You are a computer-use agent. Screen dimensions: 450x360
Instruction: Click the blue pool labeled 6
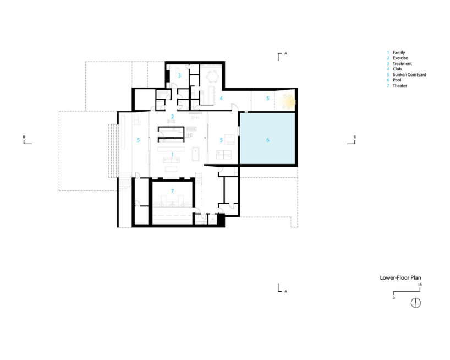(x=267, y=138)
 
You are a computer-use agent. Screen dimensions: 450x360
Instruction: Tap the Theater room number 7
(x=172, y=191)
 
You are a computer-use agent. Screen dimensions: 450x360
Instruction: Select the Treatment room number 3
(x=179, y=75)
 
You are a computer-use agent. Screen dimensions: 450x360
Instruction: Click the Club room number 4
(x=221, y=98)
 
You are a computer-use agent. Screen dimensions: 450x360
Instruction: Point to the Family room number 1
(x=172, y=155)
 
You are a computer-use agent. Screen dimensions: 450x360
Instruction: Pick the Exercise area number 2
(x=172, y=116)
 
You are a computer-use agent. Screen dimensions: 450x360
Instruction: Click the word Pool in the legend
(x=397, y=80)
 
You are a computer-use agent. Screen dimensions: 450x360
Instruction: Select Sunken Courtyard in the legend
(x=409, y=75)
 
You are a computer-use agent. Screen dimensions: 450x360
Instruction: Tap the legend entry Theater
(x=400, y=85)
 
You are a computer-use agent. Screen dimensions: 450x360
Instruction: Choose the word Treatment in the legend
(x=402, y=63)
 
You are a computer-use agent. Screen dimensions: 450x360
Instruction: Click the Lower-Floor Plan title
(x=400, y=277)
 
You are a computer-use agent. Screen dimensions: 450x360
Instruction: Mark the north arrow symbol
(x=416, y=303)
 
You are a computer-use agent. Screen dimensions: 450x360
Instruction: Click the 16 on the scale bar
(x=420, y=285)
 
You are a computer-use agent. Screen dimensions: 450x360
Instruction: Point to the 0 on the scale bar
(x=393, y=298)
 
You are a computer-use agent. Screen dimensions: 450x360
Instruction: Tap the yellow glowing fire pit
(x=288, y=102)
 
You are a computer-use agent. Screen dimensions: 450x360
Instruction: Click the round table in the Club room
(x=212, y=77)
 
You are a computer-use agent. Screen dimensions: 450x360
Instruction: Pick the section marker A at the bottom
(x=282, y=288)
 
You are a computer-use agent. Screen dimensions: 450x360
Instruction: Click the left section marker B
(x=28, y=140)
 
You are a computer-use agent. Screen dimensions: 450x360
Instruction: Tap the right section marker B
(x=352, y=140)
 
